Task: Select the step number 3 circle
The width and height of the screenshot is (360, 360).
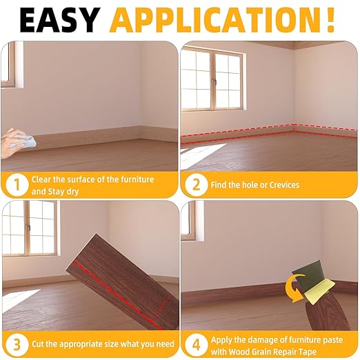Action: tap(15, 343)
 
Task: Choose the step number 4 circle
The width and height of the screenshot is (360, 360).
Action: tap(197, 343)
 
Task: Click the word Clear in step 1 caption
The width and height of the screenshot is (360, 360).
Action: tap(44, 179)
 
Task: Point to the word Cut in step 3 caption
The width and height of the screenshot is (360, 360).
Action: tap(39, 343)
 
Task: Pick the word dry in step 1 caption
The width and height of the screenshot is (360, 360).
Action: tap(90, 191)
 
